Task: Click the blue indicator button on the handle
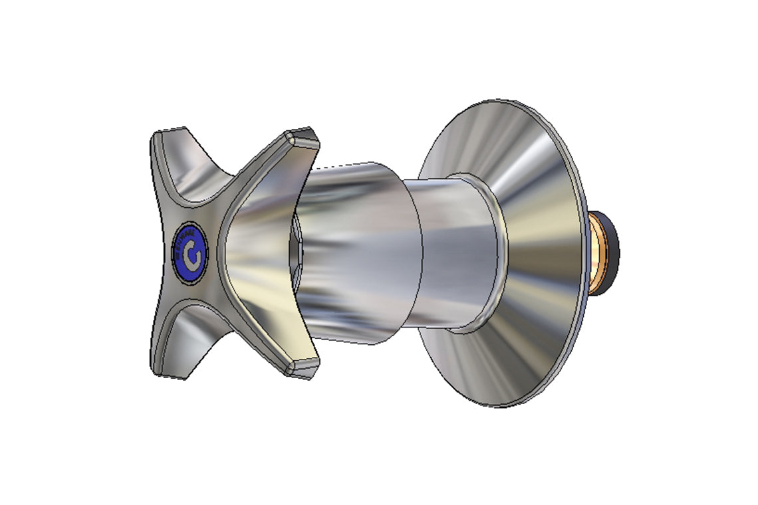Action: (191, 253)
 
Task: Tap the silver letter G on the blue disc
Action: (192, 255)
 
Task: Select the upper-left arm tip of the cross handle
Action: (166, 137)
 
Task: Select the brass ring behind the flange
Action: (593, 252)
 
